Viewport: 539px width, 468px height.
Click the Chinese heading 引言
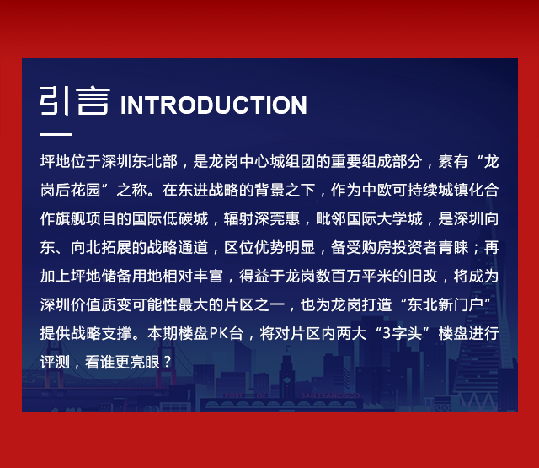pos(75,100)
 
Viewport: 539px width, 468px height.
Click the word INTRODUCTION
pos(213,105)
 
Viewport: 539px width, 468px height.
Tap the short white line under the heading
pos(56,134)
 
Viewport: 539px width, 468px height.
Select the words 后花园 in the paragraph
pos(78,191)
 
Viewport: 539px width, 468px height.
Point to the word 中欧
pos(376,191)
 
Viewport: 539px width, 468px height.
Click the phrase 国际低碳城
pos(170,219)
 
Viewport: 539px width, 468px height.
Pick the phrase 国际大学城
pos(384,219)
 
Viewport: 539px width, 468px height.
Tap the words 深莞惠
pos(277,219)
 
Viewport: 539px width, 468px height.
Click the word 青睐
pos(453,247)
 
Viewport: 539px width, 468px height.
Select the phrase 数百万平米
pos(354,276)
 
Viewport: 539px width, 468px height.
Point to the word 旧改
pos(423,276)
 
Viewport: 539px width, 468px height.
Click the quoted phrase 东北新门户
pos(446,304)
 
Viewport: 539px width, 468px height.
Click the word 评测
pos(55,362)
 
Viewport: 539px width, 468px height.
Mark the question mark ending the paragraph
pos(167,362)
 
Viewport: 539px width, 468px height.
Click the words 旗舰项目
pos(86,219)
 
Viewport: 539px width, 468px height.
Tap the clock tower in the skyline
pos(286,373)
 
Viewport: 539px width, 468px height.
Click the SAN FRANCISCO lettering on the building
pos(330,395)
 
